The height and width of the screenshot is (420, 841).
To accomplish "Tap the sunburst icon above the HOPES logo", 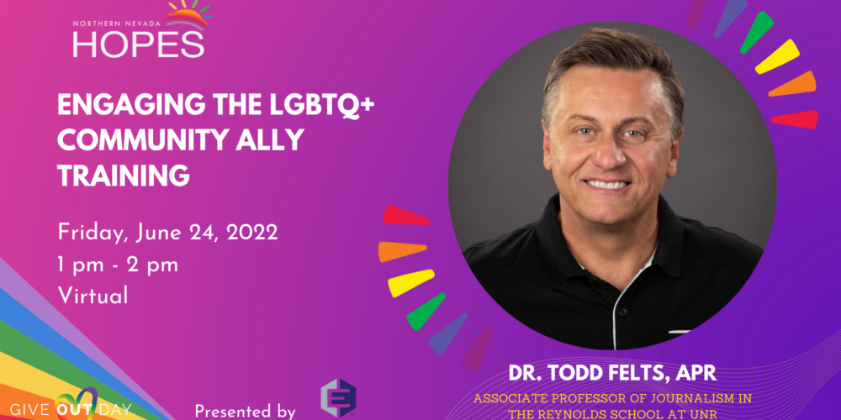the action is (188, 13).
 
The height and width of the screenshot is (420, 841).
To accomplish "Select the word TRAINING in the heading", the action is (124, 176).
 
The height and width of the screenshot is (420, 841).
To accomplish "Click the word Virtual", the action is (93, 295).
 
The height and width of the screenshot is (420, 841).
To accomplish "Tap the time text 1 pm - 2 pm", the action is (118, 265).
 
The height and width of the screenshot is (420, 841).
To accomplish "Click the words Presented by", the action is (245, 411).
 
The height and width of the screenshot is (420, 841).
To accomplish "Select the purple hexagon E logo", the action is (338, 398).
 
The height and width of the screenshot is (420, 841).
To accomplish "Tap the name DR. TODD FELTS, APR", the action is (612, 373).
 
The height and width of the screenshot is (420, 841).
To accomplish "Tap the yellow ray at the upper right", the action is (777, 56).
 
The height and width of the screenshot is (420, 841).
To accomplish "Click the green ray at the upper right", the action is (757, 33).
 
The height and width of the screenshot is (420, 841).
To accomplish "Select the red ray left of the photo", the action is (405, 215).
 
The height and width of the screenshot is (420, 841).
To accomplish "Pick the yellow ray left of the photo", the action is (411, 283).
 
